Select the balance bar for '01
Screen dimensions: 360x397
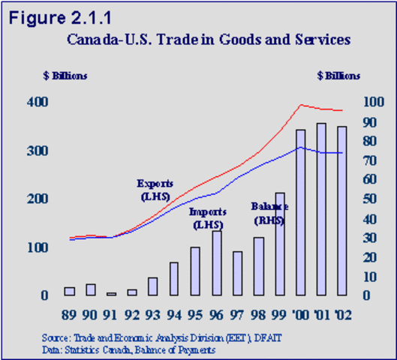click(321, 209)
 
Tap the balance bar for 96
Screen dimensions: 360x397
click(216, 263)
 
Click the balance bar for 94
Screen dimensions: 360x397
click(174, 279)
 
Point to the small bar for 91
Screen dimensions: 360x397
click(111, 294)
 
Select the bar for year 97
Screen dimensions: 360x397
click(237, 274)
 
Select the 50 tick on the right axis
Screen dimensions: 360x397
click(368, 199)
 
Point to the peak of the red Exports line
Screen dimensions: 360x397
click(300, 105)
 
